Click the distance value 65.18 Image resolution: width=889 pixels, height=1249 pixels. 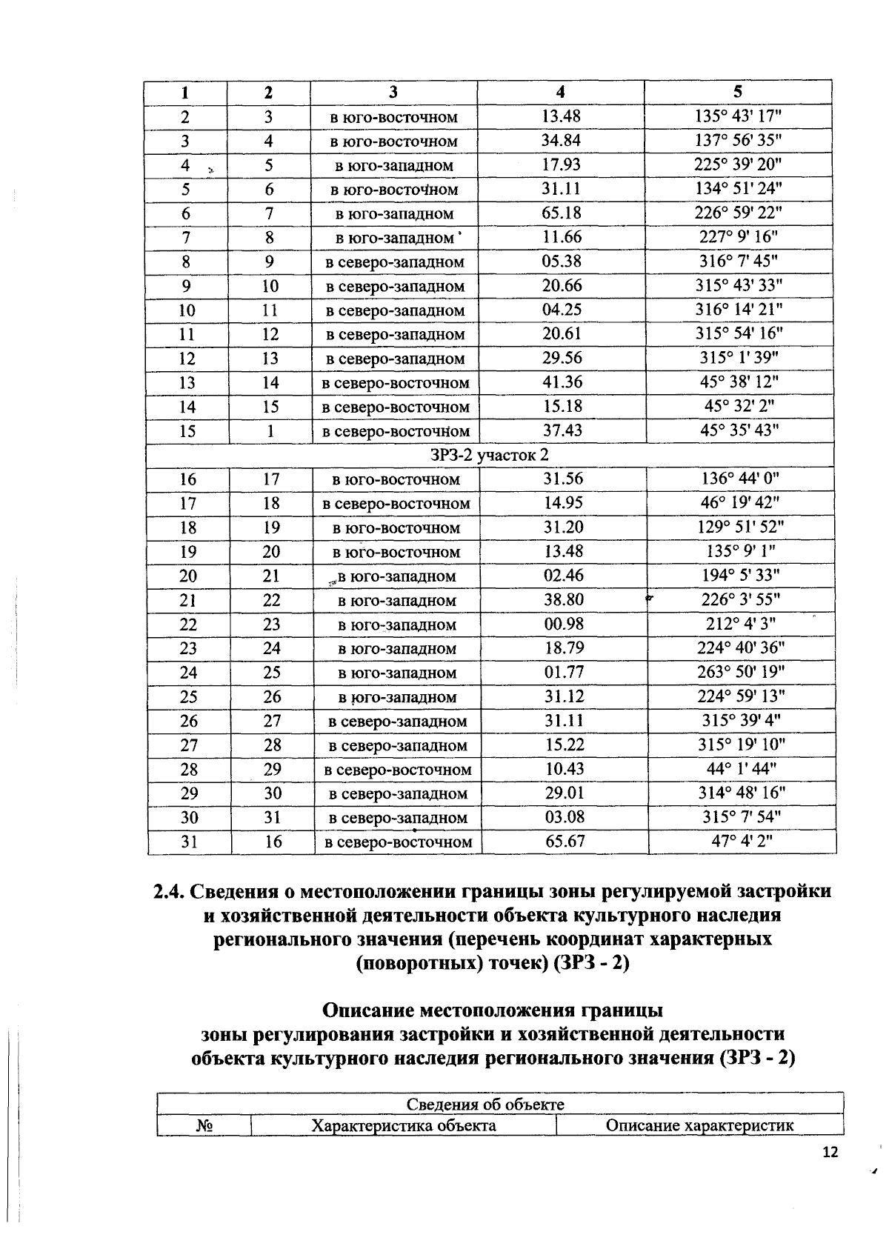click(561, 213)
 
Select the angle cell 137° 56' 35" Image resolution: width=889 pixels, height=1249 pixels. click(738, 141)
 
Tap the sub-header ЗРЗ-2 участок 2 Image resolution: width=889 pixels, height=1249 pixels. click(490, 455)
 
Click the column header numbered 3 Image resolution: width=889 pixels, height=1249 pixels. click(393, 92)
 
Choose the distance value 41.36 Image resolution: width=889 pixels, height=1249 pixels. click(562, 382)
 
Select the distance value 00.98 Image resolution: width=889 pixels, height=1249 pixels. click(564, 624)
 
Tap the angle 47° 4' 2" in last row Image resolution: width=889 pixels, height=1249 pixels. click(741, 842)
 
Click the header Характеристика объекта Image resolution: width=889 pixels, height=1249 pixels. click(404, 1125)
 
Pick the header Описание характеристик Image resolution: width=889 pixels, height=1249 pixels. click(699, 1125)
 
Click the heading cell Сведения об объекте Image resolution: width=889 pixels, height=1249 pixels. click(485, 1104)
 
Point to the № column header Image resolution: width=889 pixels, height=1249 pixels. click(204, 1125)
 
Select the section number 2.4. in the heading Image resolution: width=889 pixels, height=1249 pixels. click(172, 892)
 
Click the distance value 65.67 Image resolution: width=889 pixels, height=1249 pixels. click(565, 842)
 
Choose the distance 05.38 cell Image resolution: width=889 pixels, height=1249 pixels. click(561, 262)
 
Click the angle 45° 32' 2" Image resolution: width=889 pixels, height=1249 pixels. click(738, 406)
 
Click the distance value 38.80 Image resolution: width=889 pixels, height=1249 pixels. click(564, 599)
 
